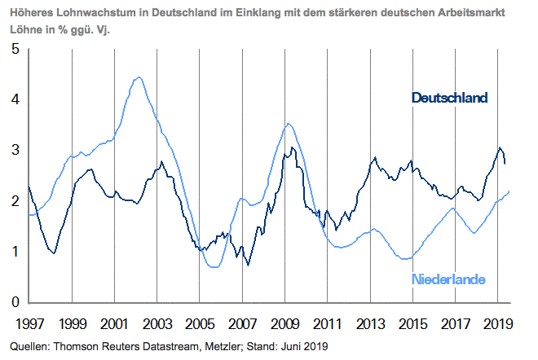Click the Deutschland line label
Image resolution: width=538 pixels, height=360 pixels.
(449, 98)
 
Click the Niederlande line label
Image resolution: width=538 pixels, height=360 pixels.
(448, 279)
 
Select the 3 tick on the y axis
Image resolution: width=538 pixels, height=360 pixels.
(15, 151)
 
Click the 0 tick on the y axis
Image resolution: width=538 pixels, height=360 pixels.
(15, 302)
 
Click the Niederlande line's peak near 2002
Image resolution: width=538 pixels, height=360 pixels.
(139, 77)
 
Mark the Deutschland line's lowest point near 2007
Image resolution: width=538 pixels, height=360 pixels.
(247, 265)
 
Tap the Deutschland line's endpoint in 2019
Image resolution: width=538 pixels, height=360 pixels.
(505, 164)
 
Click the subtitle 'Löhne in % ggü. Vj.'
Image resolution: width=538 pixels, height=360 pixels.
(57, 30)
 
